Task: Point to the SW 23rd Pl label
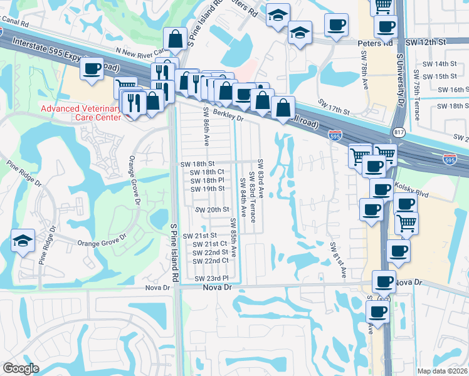210,278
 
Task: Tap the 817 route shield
399,132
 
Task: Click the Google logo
21,368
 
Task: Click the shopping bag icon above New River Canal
176,39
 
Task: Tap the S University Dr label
399,78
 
